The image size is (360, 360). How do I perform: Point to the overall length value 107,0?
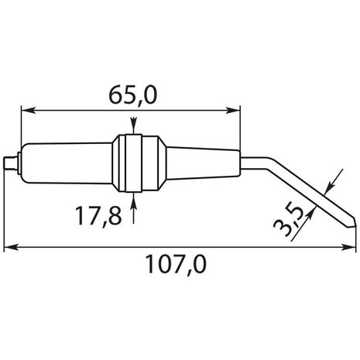coord(177,266)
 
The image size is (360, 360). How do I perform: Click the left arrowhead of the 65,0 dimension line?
coord(25,109)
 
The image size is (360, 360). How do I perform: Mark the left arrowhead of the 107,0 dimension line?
coord(9,249)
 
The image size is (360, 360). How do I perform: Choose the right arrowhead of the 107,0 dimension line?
coord(346,249)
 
